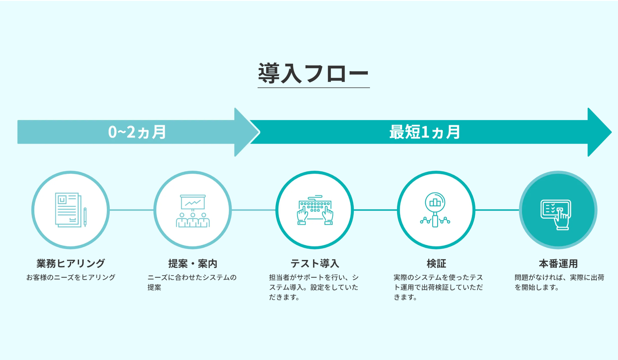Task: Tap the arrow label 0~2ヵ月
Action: (x=137, y=132)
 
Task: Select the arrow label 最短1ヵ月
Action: (x=424, y=132)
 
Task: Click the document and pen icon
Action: (x=71, y=210)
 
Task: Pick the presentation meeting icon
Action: (x=193, y=210)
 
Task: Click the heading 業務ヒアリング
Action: (x=71, y=263)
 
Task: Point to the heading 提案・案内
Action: (x=193, y=264)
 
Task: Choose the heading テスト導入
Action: (x=315, y=264)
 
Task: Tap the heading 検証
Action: (x=436, y=264)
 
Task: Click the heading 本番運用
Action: (x=558, y=264)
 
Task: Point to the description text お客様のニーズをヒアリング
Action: (x=71, y=277)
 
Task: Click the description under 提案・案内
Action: (x=192, y=282)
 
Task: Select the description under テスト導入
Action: (x=313, y=287)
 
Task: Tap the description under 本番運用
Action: (x=559, y=282)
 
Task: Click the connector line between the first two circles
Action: (x=131, y=210)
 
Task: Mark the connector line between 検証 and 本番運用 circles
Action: (x=497, y=210)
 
